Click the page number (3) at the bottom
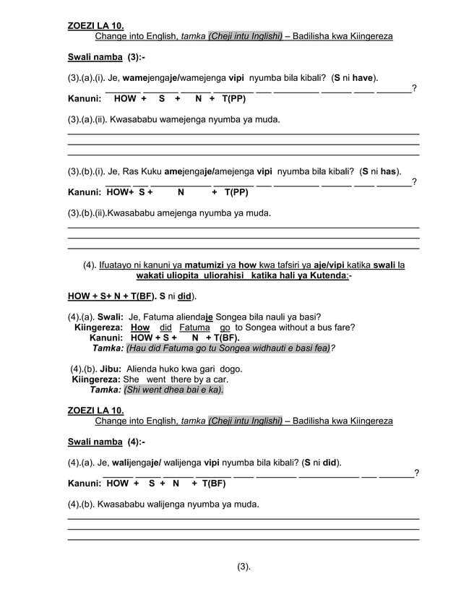[x=244, y=566]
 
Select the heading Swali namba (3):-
[x=106, y=57]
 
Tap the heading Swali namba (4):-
[x=106, y=442]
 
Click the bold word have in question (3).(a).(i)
[x=364, y=77]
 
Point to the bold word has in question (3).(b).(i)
[x=390, y=172]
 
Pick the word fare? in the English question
[x=341, y=327]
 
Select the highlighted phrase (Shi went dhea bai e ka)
[x=173, y=390]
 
